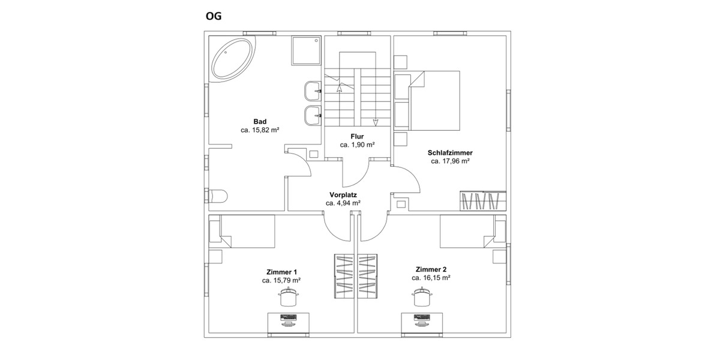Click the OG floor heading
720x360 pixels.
(x=214, y=16)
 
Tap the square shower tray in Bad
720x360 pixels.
(x=306, y=50)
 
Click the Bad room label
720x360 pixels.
(x=260, y=121)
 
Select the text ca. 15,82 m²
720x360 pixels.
(x=260, y=130)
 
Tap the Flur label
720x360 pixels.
(x=357, y=136)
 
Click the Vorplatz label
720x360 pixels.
(x=343, y=194)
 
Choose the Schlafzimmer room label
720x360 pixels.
(x=449, y=152)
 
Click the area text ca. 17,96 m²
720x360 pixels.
(x=449, y=161)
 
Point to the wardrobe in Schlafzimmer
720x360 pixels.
(x=483, y=200)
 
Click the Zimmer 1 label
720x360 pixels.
(x=281, y=271)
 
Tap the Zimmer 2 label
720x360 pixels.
(x=431, y=269)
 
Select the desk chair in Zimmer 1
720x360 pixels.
(x=289, y=296)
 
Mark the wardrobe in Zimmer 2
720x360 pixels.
(x=368, y=275)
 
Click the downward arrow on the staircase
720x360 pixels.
(x=376, y=123)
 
